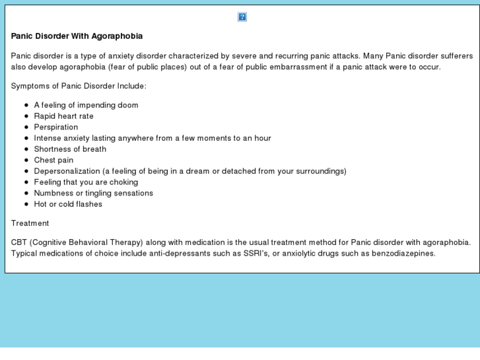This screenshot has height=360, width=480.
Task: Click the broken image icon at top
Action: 242,17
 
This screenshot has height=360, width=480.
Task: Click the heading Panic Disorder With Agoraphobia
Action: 77,36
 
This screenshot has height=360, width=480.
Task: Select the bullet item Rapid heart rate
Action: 63,116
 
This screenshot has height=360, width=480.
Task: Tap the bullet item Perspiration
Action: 55,127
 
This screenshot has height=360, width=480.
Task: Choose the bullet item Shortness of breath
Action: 70,149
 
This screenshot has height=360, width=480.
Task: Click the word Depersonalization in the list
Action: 67,171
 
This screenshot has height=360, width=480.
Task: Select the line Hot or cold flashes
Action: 68,204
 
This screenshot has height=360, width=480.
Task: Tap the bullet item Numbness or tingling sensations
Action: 93,193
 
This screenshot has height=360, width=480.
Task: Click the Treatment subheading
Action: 30,223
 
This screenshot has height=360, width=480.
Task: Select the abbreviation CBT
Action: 20,242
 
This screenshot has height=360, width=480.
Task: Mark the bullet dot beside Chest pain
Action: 26,160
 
